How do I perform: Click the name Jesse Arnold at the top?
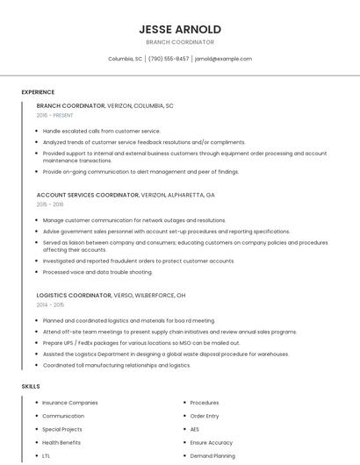click(180, 29)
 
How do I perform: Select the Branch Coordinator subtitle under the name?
click(180, 42)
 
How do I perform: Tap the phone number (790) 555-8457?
click(169, 59)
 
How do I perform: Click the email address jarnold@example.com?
click(223, 59)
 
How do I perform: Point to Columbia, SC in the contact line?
click(125, 59)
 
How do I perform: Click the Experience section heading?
click(38, 91)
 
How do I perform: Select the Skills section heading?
click(31, 386)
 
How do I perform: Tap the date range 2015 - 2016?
click(50, 204)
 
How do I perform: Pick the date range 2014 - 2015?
click(50, 304)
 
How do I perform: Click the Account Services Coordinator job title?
click(88, 194)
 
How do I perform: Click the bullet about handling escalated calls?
click(101, 131)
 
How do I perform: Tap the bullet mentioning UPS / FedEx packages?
click(140, 343)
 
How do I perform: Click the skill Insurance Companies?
click(70, 403)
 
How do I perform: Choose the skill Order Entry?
click(205, 416)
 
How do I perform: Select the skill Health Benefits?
click(61, 442)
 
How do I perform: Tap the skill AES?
click(195, 429)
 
